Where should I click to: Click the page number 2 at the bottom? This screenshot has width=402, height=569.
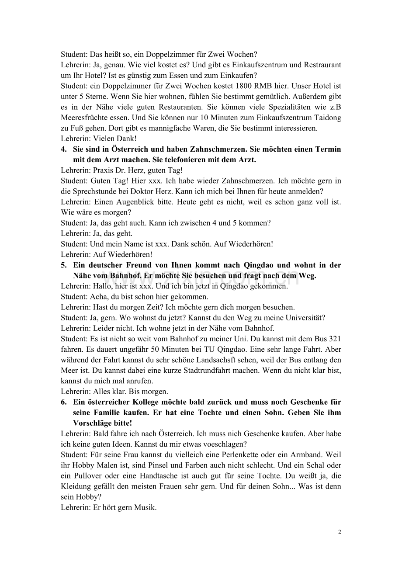click(x=340, y=532)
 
